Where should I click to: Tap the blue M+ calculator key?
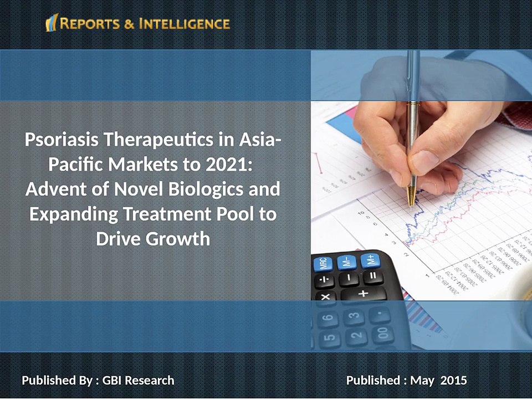368,259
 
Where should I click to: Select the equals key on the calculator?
372,275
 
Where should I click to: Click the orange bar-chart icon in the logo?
52,23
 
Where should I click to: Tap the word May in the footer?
422,381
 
